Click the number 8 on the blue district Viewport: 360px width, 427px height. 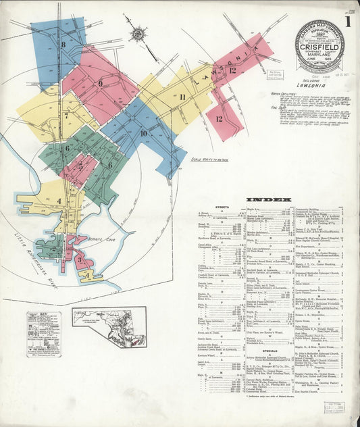(63, 45)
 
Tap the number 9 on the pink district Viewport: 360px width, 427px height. (100, 84)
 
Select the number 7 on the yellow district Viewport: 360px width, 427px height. (66, 116)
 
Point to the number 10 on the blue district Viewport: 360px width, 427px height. (143, 133)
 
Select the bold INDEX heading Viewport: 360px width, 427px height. (269, 200)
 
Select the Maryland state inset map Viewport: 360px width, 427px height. (109, 328)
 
